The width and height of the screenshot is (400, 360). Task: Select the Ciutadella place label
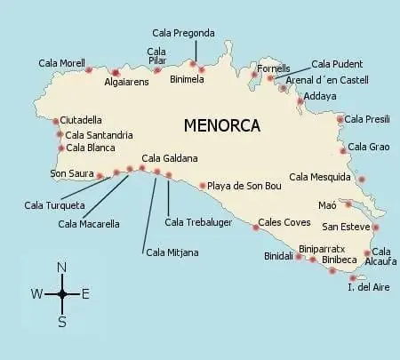point(82,120)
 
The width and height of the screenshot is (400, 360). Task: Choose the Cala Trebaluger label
point(199,221)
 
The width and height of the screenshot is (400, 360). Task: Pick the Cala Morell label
point(61,63)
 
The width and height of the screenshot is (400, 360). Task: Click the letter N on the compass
point(61,268)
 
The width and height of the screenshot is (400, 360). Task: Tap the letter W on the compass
point(36,294)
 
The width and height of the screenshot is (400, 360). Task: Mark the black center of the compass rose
point(61,293)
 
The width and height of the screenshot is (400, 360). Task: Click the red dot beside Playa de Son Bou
point(203,186)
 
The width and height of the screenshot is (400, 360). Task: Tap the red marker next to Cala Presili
point(340,119)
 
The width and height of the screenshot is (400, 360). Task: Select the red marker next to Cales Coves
point(256,227)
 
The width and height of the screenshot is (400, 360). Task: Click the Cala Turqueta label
point(55,205)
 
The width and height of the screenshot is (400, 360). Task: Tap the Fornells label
point(274,68)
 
